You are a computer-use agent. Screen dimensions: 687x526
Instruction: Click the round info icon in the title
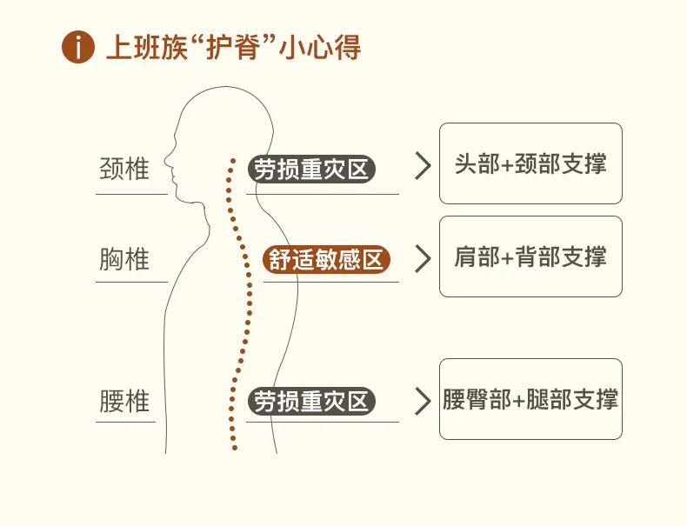(x=78, y=47)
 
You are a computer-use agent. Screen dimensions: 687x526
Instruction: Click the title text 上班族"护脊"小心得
(x=233, y=47)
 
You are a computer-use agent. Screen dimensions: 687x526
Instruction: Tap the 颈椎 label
(x=124, y=168)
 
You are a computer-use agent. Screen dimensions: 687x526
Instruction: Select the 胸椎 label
(x=124, y=259)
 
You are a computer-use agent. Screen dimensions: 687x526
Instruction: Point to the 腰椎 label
(x=124, y=402)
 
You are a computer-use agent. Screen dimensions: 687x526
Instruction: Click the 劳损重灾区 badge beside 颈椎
(x=310, y=169)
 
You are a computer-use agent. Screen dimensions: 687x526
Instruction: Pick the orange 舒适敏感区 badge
(x=326, y=259)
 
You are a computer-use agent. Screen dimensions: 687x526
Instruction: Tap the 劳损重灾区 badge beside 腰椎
(x=310, y=402)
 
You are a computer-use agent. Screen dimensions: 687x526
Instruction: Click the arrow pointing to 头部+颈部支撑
(x=423, y=166)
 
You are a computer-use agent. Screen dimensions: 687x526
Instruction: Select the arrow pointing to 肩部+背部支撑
(x=423, y=257)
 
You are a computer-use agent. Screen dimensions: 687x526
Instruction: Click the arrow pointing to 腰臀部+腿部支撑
(x=423, y=401)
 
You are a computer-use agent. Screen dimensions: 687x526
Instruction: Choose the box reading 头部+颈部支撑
(x=530, y=163)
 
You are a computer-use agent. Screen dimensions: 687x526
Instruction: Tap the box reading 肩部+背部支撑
(x=530, y=256)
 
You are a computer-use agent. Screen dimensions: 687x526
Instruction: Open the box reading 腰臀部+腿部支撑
(x=530, y=399)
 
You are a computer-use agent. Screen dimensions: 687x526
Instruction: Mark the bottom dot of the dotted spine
(x=235, y=449)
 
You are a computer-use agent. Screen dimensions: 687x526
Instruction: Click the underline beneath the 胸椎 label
(x=131, y=282)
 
